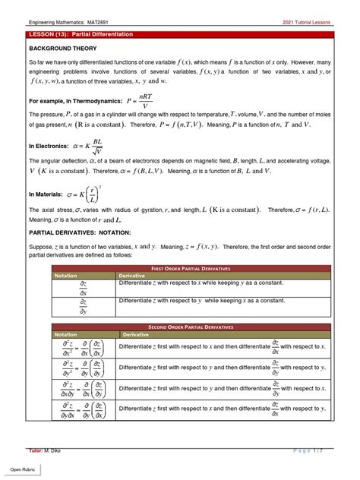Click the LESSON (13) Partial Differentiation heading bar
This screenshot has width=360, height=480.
tap(180, 35)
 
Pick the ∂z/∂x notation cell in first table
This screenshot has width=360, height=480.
tap(83, 287)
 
